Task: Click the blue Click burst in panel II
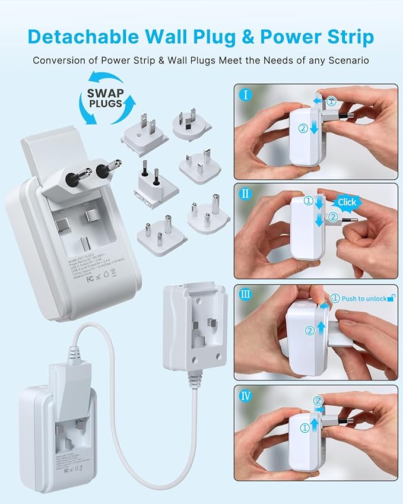click(x=347, y=202)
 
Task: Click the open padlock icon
click(x=391, y=298)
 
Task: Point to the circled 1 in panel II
click(x=307, y=201)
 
